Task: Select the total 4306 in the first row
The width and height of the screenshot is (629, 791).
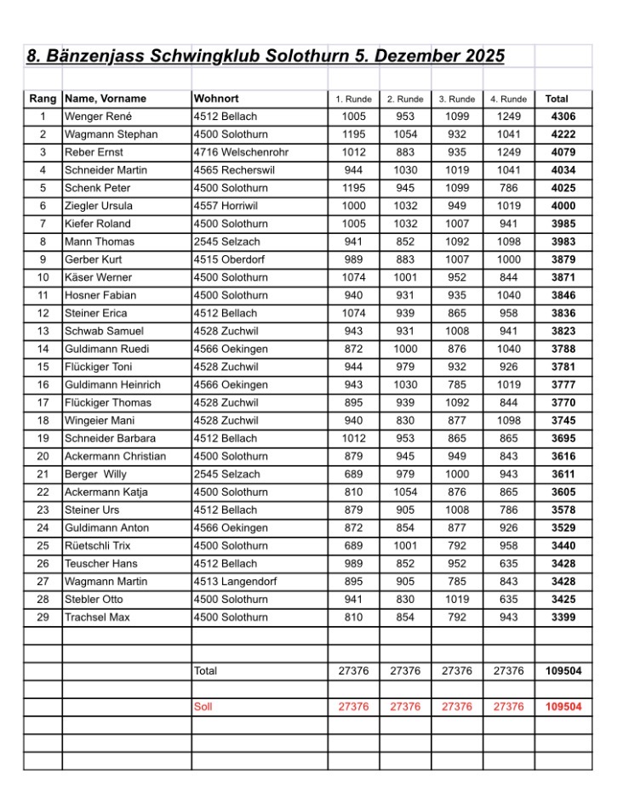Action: tap(563, 117)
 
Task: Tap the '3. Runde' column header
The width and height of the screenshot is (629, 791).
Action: tap(457, 99)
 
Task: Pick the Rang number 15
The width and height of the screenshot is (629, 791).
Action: tap(43, 367)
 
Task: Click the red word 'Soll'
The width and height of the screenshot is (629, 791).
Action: tap(203, 707)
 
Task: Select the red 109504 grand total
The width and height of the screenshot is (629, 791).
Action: tap(563, 707)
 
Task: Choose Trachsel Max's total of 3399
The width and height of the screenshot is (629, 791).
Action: tap(563, 617)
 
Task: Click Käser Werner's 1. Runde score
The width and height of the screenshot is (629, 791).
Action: tap(353, 277)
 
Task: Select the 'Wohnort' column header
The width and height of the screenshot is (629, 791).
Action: tap(214, 99)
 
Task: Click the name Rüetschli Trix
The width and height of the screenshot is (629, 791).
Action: tap(98, 546)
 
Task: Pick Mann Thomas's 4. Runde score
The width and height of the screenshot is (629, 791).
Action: tap(508, 242)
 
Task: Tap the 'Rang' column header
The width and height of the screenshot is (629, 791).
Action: tap(43, 99)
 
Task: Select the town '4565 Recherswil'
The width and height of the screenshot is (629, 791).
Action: tap(231, 170)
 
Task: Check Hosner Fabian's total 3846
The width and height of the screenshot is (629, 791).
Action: tap(563, 295)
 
